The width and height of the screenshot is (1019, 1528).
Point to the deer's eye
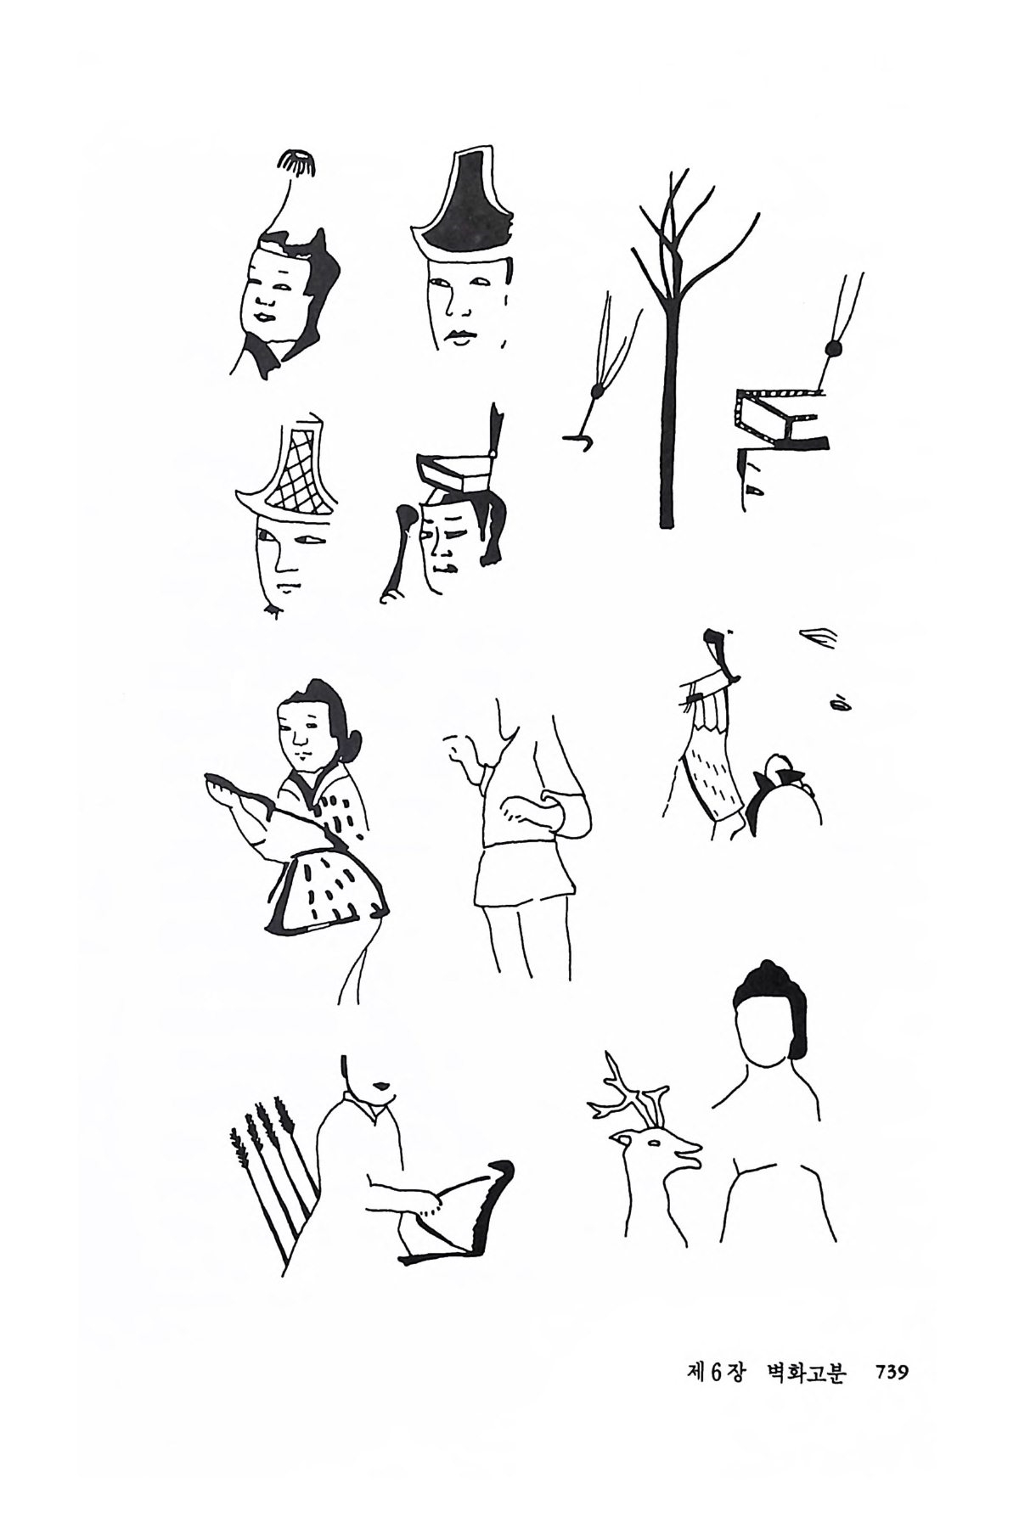pyautogui.click(x=655, y=1145)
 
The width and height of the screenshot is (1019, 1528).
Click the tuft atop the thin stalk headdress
pyautogui.click(x=297, y=163)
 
